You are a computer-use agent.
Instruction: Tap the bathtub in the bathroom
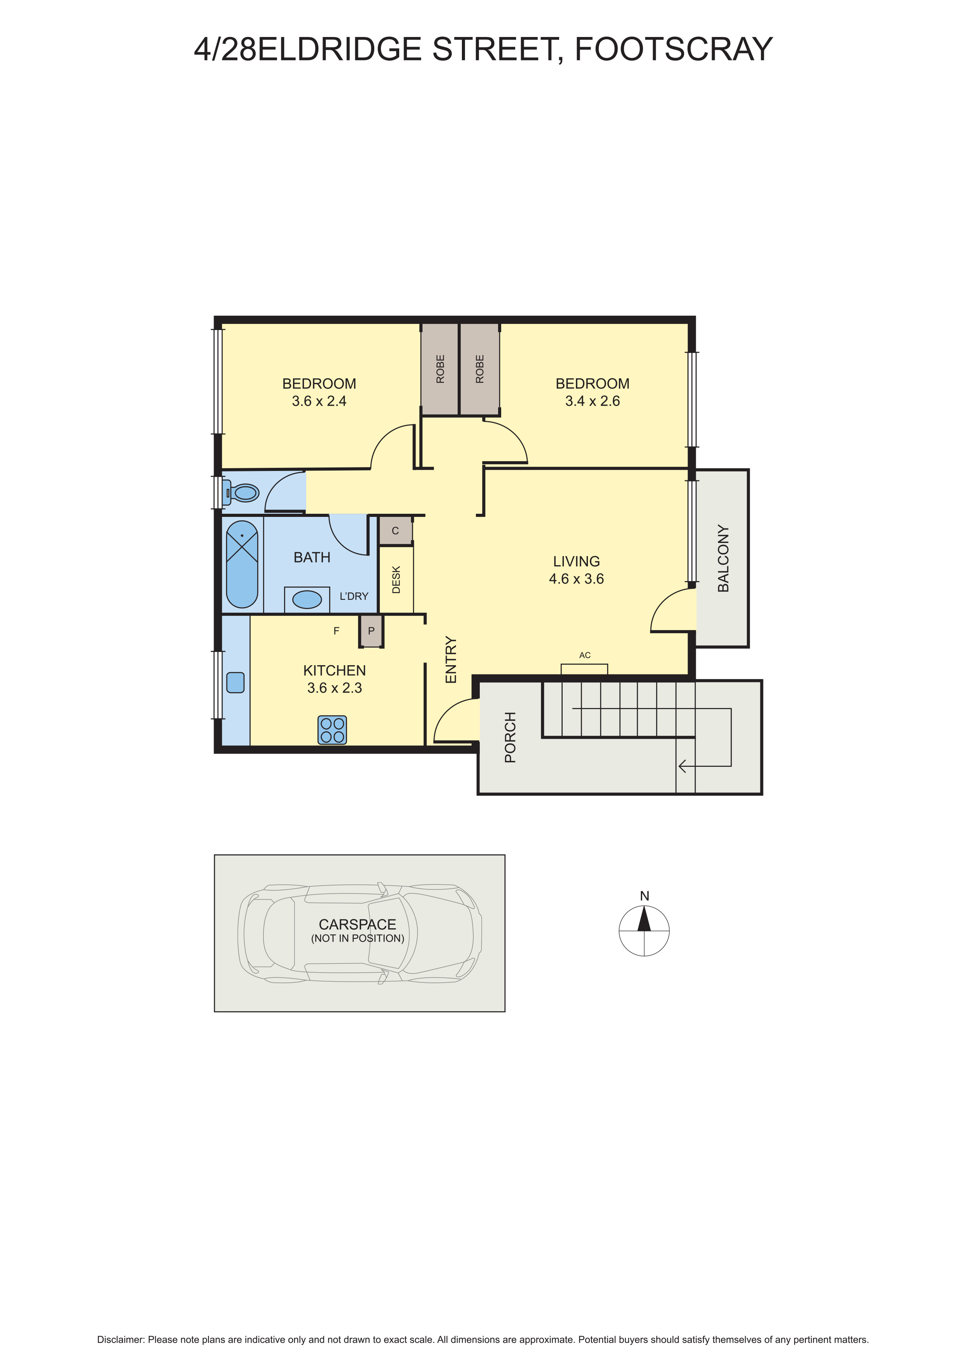(242, 564)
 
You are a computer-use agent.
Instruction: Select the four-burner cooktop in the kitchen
(332, 730)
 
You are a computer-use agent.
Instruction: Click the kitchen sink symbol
(235, 682)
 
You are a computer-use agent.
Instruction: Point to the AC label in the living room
(585, 655)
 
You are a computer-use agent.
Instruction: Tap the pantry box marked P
(371, 631)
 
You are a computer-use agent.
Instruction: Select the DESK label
(397, 580)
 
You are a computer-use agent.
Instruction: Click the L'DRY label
(354, 596)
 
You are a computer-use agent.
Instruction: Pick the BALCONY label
(723, 558)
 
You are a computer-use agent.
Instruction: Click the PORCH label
(510, 737)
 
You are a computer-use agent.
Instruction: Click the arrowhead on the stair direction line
(682, 766)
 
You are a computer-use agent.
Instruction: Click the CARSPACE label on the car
(357, 924)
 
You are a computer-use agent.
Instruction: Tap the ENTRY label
(451, 659)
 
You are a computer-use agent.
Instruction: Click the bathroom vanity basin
(307, 599)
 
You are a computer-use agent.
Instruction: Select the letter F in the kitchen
(336, 631)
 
